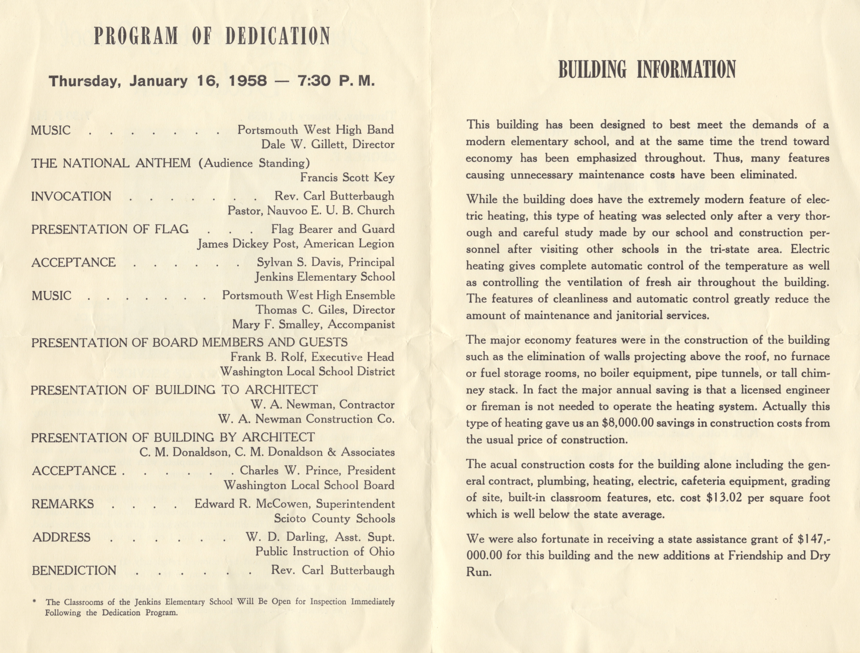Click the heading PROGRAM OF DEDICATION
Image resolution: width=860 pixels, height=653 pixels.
(x=212, y=36)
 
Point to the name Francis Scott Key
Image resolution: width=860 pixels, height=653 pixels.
(x=347, y=178)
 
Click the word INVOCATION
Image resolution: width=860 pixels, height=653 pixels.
(x=71, y=196)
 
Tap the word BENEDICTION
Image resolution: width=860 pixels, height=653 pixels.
(x=74, y=571)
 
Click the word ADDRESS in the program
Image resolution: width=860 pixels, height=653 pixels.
(x=61, y=538)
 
